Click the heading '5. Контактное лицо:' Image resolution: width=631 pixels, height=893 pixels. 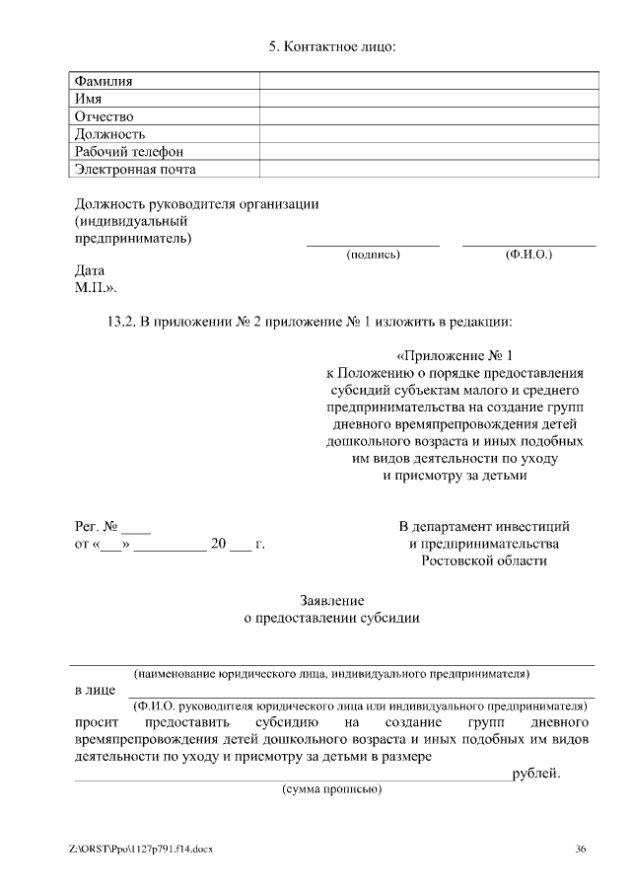(x=331, y=47)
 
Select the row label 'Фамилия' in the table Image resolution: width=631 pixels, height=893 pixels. (x=104, y=81)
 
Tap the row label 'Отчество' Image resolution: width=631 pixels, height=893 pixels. (x=105, y=116)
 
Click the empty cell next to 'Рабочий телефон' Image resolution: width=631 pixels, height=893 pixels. (x=428, y=152)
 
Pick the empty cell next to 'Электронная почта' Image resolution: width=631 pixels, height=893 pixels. (x=428, y=170)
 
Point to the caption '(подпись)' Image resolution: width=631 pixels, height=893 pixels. (x=373, y=255)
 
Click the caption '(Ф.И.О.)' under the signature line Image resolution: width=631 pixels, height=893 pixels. (x=528, y=255)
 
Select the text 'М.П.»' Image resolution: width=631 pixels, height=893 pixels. (x=96, y=288)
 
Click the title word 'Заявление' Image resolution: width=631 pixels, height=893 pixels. (x=331, y=600)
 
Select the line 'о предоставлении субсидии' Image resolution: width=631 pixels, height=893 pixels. (x=331, y=618)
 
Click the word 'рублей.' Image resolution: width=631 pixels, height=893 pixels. (x=535, y=774)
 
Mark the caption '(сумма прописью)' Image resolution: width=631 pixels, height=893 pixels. (x=331, y=790)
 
